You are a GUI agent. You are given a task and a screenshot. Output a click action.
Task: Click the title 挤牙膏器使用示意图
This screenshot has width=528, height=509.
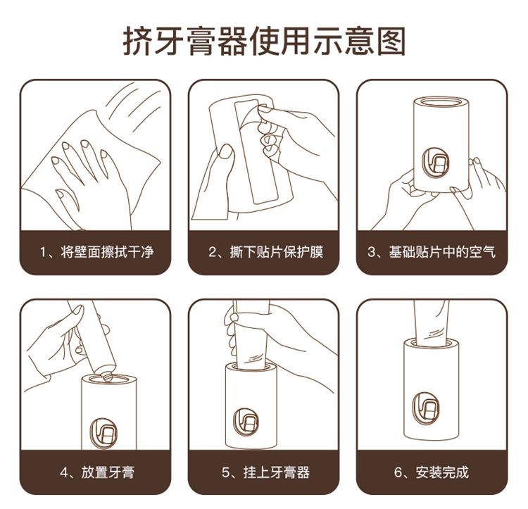(x=264, y=42)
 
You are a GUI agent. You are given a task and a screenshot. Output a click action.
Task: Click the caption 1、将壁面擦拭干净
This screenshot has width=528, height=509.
(x=96, y=252)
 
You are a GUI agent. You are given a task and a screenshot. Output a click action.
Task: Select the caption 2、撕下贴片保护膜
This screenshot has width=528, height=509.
(x=265, y=252)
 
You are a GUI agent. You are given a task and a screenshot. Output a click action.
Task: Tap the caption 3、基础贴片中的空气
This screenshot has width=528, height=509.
(x=432, y=252)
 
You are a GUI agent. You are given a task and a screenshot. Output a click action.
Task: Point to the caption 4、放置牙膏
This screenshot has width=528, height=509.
(x=97, y=472)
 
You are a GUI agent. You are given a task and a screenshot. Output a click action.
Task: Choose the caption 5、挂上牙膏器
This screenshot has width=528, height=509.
(x=265, y=472)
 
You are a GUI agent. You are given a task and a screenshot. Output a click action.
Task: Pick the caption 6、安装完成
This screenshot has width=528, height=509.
(x=432, y=472)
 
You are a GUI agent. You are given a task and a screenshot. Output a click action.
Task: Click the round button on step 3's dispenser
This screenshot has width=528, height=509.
(x=436, y=163)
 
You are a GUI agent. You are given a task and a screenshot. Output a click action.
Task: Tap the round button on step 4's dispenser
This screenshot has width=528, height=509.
(x=103, y=434)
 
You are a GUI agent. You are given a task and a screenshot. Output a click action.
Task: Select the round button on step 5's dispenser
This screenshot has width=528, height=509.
(x=246, y=422)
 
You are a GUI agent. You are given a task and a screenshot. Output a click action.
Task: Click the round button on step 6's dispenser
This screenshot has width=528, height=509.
(x=426, y=408)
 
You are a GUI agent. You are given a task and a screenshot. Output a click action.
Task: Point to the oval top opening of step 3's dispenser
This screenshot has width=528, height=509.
(x=441, y=101)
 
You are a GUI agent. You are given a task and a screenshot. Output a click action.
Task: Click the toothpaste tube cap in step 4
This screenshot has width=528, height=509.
(x=108, y=375)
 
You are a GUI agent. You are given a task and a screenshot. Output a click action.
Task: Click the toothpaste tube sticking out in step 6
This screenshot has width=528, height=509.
(x=431, y=322)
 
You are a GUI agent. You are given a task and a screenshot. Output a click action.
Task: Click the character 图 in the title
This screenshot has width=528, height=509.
(x=391, y=42)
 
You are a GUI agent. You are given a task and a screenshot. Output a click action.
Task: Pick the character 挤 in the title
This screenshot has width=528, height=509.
(x=137, y=42)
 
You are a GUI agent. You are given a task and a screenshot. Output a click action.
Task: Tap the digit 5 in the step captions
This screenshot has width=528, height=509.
(x=225, y=472)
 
